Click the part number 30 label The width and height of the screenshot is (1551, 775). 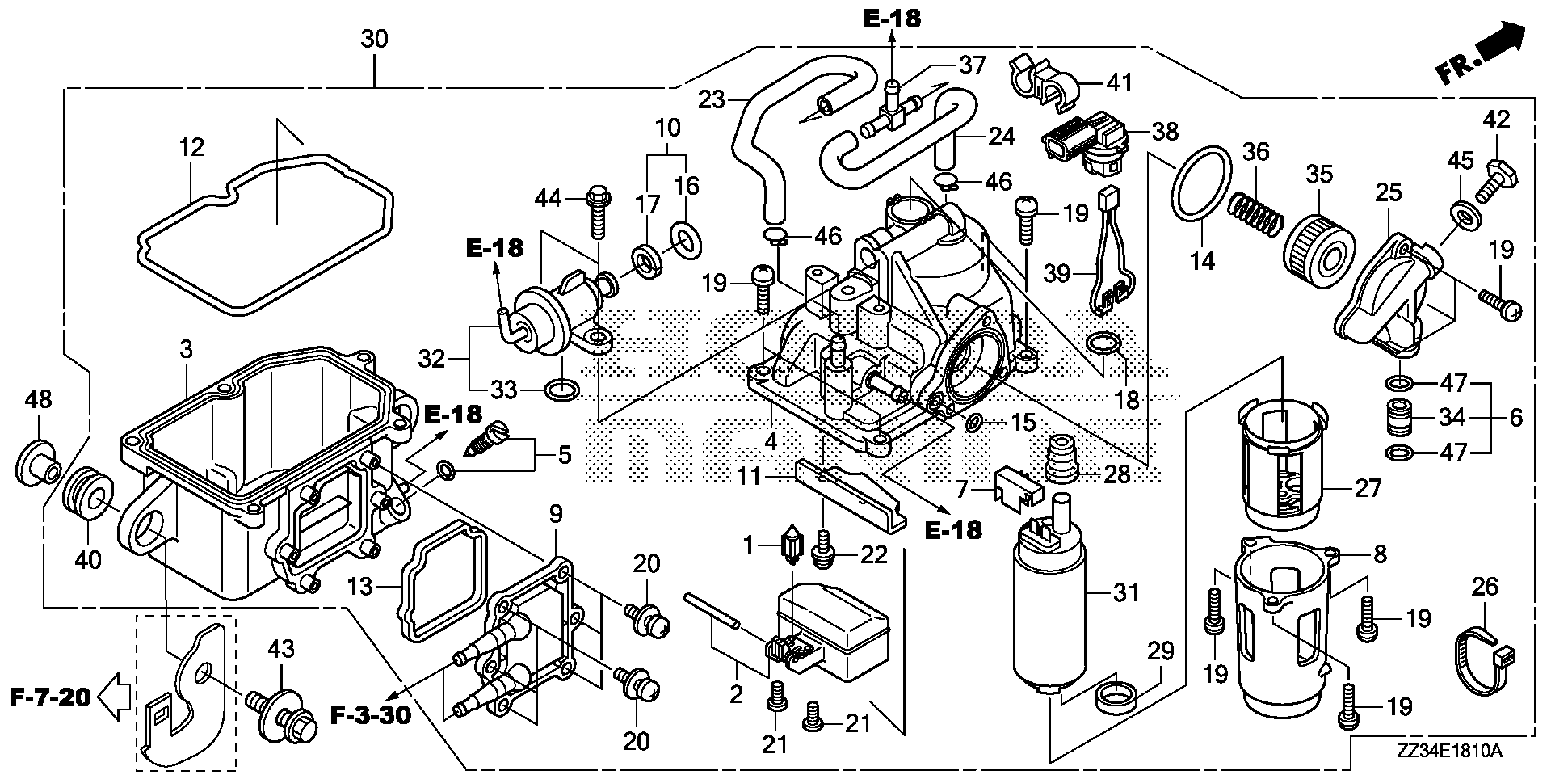click(x=375, y=39)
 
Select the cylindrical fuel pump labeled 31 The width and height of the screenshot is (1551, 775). click(x=1049, y=614)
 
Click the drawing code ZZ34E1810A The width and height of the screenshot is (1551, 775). click(x=1447, y=752)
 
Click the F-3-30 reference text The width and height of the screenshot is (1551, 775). click(x=371, y=714)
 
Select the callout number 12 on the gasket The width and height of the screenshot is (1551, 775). click(x=192, y=148)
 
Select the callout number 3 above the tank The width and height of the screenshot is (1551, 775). click(x=186, y=350)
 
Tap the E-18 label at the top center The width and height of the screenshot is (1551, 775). click(x=891, y=18)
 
